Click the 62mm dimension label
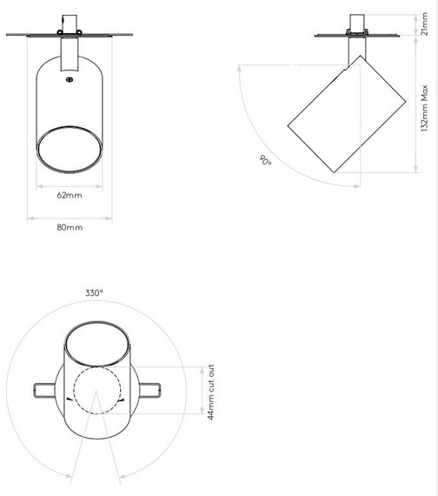click(70, 195)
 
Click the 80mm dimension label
click(70, 227)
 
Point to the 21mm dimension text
click(423, 28)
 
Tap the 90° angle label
click(264, 161)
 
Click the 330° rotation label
click(94, 293)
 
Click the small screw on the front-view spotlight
click(70, 79)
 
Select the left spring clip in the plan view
click(42, 388)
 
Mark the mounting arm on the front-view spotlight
click(70, 57)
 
